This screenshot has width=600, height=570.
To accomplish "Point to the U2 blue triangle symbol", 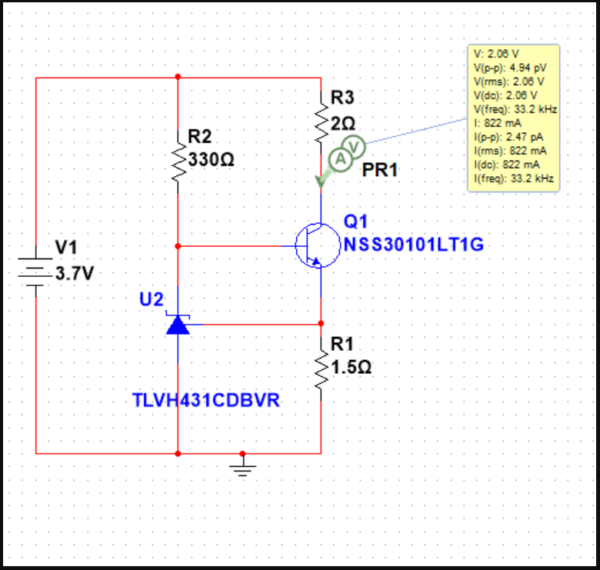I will (178, 325).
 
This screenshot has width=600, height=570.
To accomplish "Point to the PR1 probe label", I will (380, 170).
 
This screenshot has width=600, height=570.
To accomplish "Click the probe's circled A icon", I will (338, 158).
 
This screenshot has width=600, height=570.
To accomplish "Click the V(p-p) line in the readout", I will (509, 68).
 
